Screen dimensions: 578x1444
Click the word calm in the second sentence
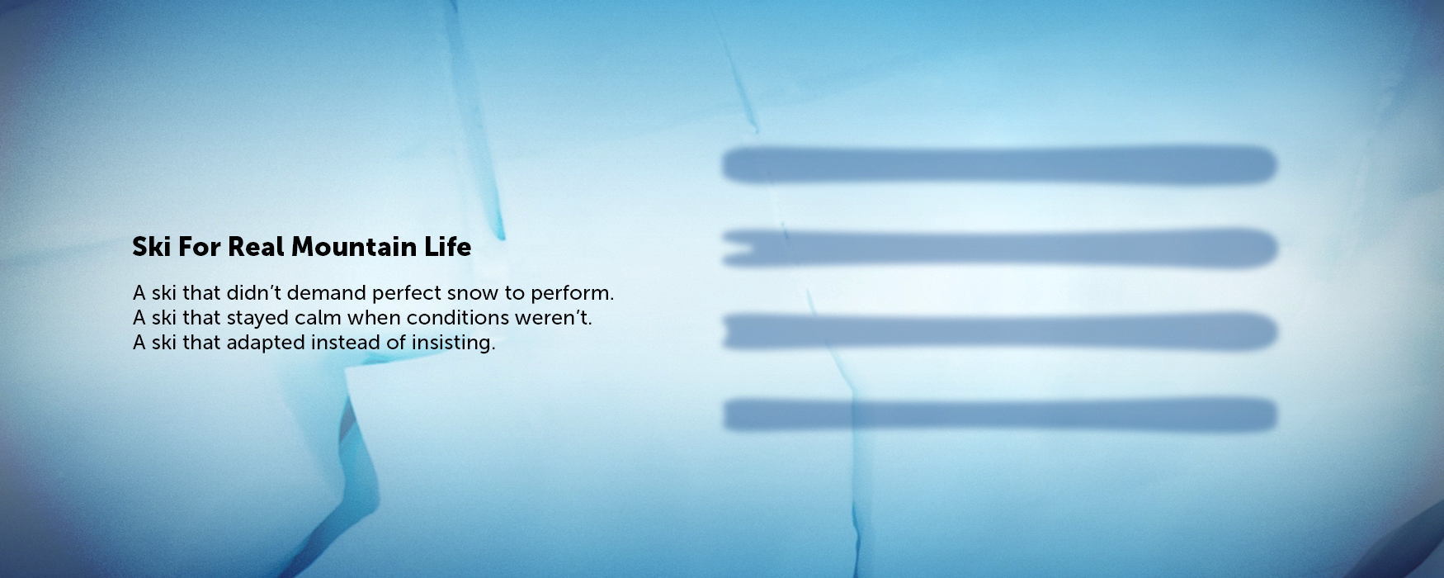point(318,318)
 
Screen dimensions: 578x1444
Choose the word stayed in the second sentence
point(257,318)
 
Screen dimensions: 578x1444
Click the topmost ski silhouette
point(998,165)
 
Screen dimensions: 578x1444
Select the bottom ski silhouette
point(998,415)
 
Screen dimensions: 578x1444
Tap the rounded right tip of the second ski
point(1267,248)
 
